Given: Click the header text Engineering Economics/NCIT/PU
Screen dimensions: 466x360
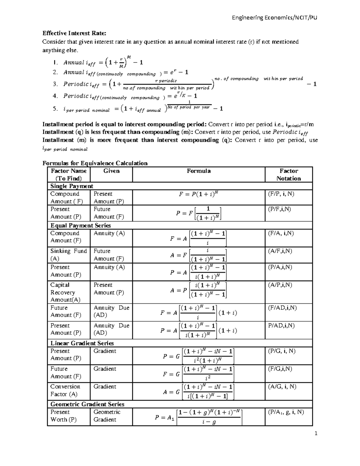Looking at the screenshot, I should click(274, 18).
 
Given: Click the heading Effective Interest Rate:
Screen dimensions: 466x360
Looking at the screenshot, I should click(74, 33).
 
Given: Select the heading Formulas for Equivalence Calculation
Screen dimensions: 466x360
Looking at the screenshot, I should click(95, 163).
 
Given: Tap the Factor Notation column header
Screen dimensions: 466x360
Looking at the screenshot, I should click(288, 175).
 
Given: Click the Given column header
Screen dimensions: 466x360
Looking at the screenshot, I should click(111, 171).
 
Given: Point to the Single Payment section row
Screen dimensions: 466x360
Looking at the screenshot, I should click(72, 186).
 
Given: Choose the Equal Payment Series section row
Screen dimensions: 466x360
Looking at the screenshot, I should click(80, 225).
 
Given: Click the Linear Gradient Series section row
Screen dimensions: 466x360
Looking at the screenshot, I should click(82, 343).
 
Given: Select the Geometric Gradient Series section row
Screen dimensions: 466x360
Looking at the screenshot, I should click(87, 404).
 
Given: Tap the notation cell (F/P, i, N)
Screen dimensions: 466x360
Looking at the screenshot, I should click(281, 194).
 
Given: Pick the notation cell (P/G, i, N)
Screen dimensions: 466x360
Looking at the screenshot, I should click(281, 351).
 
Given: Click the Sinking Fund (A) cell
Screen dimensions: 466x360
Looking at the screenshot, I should click(68, 255).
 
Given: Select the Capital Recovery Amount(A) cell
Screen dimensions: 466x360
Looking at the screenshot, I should click(65, 292).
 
